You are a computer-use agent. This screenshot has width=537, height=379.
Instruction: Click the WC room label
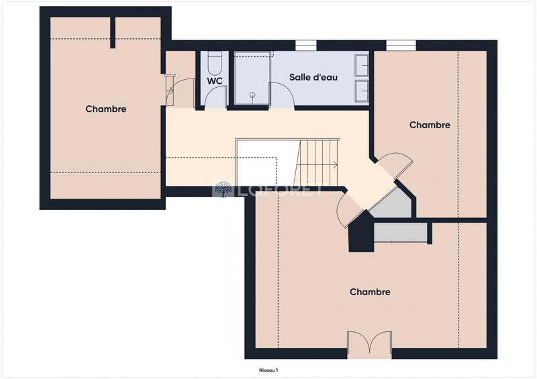[x=214, y=80]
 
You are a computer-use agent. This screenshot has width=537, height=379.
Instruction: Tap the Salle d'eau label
[x=313, y=77]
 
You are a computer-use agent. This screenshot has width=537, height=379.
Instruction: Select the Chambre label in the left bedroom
[x=106, y=109]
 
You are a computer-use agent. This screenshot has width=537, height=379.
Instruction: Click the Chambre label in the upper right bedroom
[x=430, y=125]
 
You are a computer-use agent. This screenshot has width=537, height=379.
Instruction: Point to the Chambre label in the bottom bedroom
[x=370, y=292]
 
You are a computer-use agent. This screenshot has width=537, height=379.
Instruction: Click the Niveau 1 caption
[x=268, y=370]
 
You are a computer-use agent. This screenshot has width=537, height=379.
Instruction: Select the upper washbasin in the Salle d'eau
[x=362, y=65]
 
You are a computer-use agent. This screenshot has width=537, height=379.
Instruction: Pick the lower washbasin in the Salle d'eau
[x=362, y=90]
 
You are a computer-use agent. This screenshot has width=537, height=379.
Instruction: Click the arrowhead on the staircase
[x=335, y=164]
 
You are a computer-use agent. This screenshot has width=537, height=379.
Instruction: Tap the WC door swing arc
[x=215, y=97]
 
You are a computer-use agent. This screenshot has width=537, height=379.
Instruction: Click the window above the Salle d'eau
[x=306, y=46]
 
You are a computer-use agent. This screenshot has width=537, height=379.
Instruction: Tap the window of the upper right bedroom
[x=401, y=46]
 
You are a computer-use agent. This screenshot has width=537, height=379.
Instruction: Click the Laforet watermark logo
[x=222, y=189]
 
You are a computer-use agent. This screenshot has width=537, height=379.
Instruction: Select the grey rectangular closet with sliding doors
[x=401, y=231]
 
